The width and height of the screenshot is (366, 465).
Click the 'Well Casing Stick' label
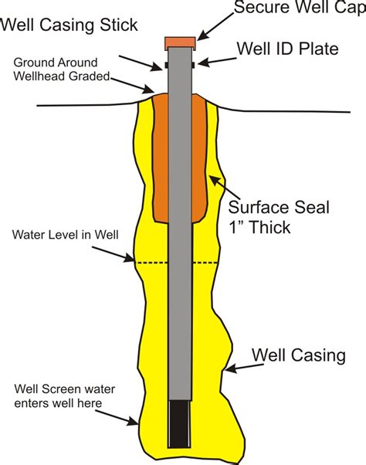click(69, 25)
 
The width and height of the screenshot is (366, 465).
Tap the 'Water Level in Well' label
click(66, 233)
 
